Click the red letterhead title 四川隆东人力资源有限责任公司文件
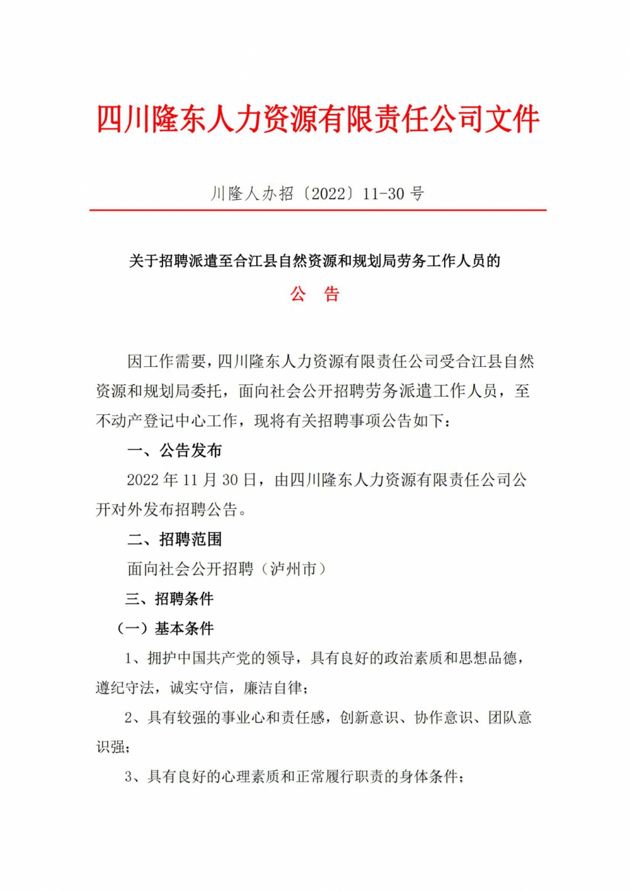(318, 119)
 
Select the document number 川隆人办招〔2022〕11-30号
(318, 194)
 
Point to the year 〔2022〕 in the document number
(328, 194)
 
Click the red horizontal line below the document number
(318, 210)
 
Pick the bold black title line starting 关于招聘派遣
(314, 261)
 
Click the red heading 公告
(314, 294)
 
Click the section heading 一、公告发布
(175, 450)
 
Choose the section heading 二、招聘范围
(175, 539)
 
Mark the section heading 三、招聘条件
(170, 598)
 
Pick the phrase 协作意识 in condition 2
(443, 717)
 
